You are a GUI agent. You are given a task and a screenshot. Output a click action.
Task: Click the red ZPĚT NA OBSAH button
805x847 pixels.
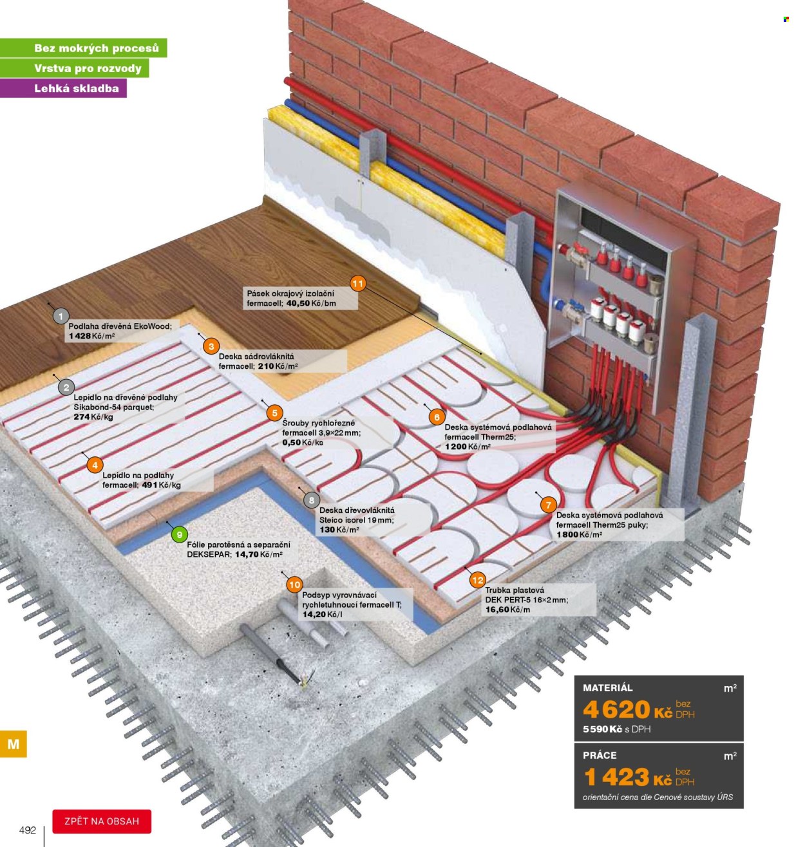tap(102, 821)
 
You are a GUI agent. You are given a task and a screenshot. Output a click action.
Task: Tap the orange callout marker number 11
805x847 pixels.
tap(357, 283)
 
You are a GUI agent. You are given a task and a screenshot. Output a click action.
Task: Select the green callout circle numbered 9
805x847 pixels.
tap(180, 535)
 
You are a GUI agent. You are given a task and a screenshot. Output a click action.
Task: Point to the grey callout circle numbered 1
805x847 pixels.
tap(61, 316)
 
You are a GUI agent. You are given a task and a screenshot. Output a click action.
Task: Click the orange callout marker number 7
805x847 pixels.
tap(548, 505)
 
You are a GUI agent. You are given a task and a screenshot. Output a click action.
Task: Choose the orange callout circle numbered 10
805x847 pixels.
tap(295, 584)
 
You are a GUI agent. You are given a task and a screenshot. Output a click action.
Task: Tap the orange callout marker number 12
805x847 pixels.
tap(477, 580)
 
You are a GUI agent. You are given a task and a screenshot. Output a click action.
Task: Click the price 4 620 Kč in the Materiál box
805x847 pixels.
tap(627, 709)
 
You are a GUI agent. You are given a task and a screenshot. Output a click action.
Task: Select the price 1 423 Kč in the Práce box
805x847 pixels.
tap(627, 777)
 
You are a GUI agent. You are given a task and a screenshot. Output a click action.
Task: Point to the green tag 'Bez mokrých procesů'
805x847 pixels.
tap(97, 48)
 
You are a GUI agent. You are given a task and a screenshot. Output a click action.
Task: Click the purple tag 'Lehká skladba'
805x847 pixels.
tap(77, 88)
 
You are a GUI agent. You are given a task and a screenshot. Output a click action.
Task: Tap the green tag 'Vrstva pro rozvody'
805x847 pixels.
tap(88, 68)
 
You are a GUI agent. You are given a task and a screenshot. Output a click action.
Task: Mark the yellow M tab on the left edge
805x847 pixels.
tap(14, 743)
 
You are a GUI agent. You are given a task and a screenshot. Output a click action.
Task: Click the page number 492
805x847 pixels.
tap(28, 830)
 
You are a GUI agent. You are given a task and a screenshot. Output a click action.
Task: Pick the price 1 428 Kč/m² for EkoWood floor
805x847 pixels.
tap(92, 336)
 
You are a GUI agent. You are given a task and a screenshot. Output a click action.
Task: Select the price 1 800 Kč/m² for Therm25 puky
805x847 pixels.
tap(579, 535)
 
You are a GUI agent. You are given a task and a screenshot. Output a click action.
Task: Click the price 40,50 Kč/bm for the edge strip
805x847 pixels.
tap(311, 303)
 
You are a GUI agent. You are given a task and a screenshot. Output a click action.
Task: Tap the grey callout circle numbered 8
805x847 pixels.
tap(311, 500)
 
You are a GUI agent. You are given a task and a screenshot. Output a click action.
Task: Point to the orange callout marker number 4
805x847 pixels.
tap(95, 465)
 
